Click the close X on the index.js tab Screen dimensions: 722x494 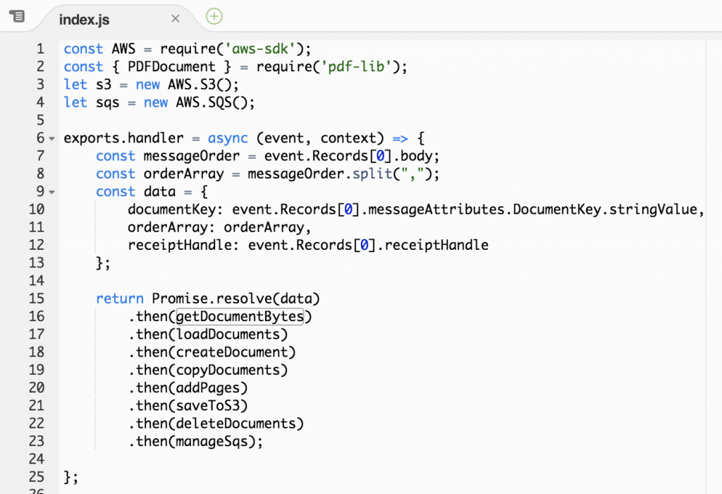click(x=175, y=18)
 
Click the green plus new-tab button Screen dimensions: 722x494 click(x=214, y=16)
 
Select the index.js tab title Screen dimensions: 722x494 click(x=85, y=19)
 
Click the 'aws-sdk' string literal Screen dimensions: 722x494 click(x=260, y=49)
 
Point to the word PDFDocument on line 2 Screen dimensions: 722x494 click(x=172, y=67)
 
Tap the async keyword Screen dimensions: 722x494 click(x=228, y=138)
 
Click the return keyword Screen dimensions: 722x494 click(x=120, y=299)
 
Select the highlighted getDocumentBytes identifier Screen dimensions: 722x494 click(x=240, y=317)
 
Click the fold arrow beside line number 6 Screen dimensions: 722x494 click(x=52, y=138)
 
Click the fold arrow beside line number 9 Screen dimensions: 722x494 click(x=52, y=192)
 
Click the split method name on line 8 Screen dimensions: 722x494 click(x=372, y=174)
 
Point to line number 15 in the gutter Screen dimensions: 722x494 click(x=37, y=299)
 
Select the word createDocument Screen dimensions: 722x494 click(x=232, y=352)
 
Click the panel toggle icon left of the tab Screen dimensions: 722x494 click(x=17, y=17)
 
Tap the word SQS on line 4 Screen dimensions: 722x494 click(x=220, y=102)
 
